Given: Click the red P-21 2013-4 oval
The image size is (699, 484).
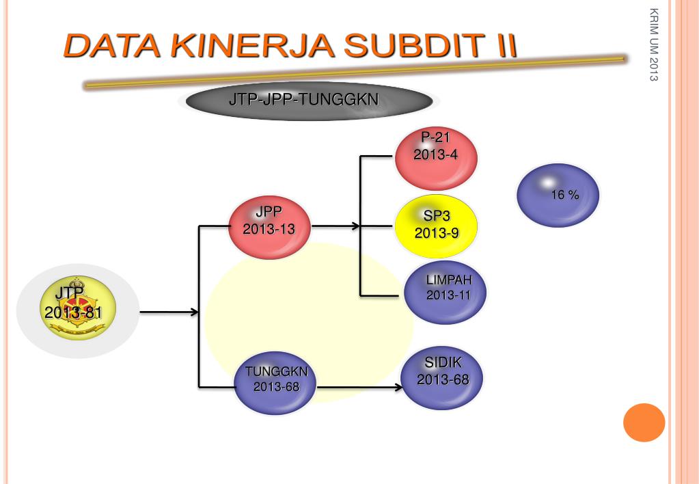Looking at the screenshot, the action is point(436,159).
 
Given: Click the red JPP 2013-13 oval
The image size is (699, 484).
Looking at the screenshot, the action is point(269,228).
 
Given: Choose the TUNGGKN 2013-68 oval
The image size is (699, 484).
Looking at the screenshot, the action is point(275,382).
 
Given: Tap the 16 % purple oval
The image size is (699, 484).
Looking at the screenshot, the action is point(558,196).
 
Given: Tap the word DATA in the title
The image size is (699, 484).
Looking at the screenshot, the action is point(112,46).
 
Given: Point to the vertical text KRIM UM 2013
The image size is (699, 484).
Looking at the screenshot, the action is point(654,54).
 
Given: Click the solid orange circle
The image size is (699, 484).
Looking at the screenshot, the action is point(644,422).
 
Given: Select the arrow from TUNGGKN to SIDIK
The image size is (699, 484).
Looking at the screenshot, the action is point(359,388).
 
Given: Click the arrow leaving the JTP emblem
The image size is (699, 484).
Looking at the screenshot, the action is point(167,312).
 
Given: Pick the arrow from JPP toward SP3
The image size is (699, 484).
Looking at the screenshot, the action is point(335,225).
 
